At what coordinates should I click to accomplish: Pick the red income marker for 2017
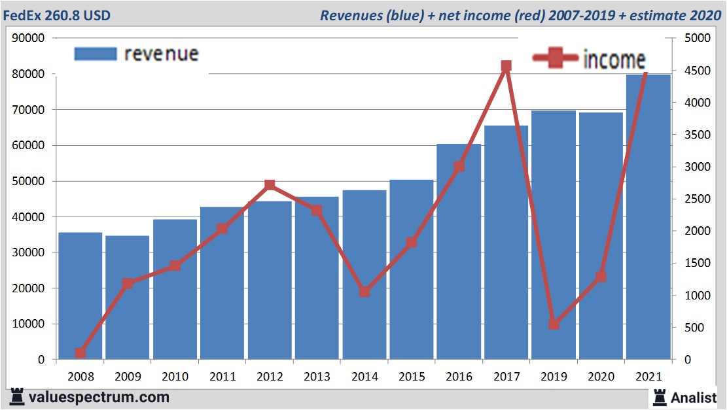[506, 66]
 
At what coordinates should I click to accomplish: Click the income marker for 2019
[554, 324]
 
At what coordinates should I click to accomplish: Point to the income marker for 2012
[270, 185]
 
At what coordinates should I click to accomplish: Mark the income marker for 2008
[80, 353]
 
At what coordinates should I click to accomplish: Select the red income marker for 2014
[364, 292]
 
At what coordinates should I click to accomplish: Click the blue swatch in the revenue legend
[96, 54]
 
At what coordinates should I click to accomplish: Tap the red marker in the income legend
[556, 59]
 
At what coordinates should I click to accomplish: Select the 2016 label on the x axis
[459, 377]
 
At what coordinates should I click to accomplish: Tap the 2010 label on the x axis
[175, 377]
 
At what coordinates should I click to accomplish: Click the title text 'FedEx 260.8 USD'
[57, 15]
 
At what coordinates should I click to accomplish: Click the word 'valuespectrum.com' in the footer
[99, 397]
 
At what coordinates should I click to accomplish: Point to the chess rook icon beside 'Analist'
[660, 396]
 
